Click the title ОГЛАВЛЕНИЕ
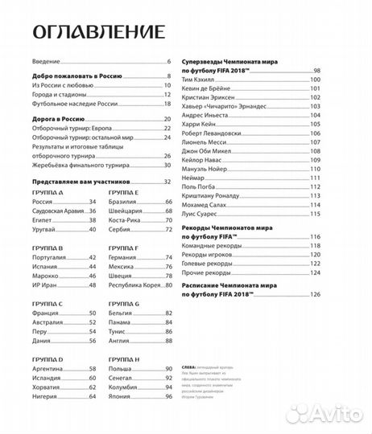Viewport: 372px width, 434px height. pyautogui.click(x=97, y=31)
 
